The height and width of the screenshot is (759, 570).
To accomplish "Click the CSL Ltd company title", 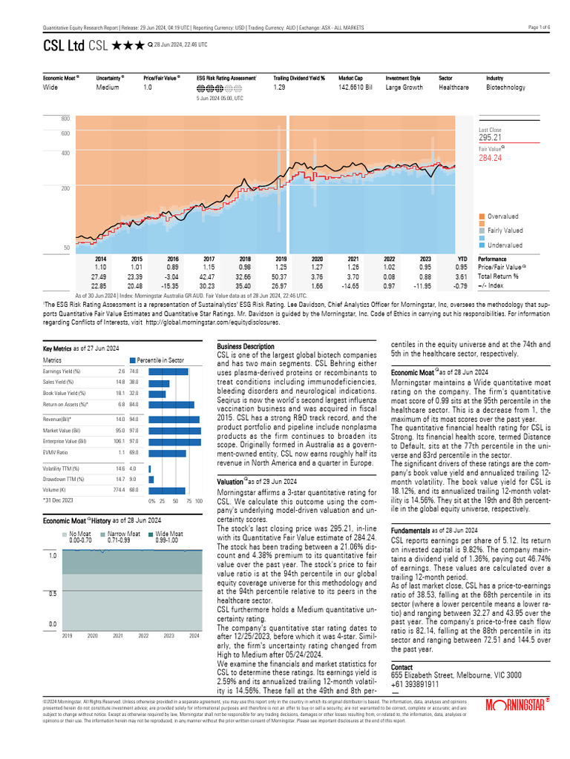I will pos(63,46).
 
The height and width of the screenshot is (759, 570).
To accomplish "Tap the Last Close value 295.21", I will pos(491,137).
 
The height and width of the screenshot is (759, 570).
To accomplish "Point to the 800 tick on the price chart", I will pos(65,119).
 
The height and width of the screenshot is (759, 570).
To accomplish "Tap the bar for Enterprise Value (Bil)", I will pos(174,442).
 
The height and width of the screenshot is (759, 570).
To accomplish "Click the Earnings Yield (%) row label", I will pos(62,371).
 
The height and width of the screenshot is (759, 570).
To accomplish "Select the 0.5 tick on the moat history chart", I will pos(52,594).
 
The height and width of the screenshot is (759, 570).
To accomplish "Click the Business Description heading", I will pos(245,347).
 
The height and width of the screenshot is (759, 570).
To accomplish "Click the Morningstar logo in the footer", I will pos(517,705).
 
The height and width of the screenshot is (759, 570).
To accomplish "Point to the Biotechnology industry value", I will pos(505,87).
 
